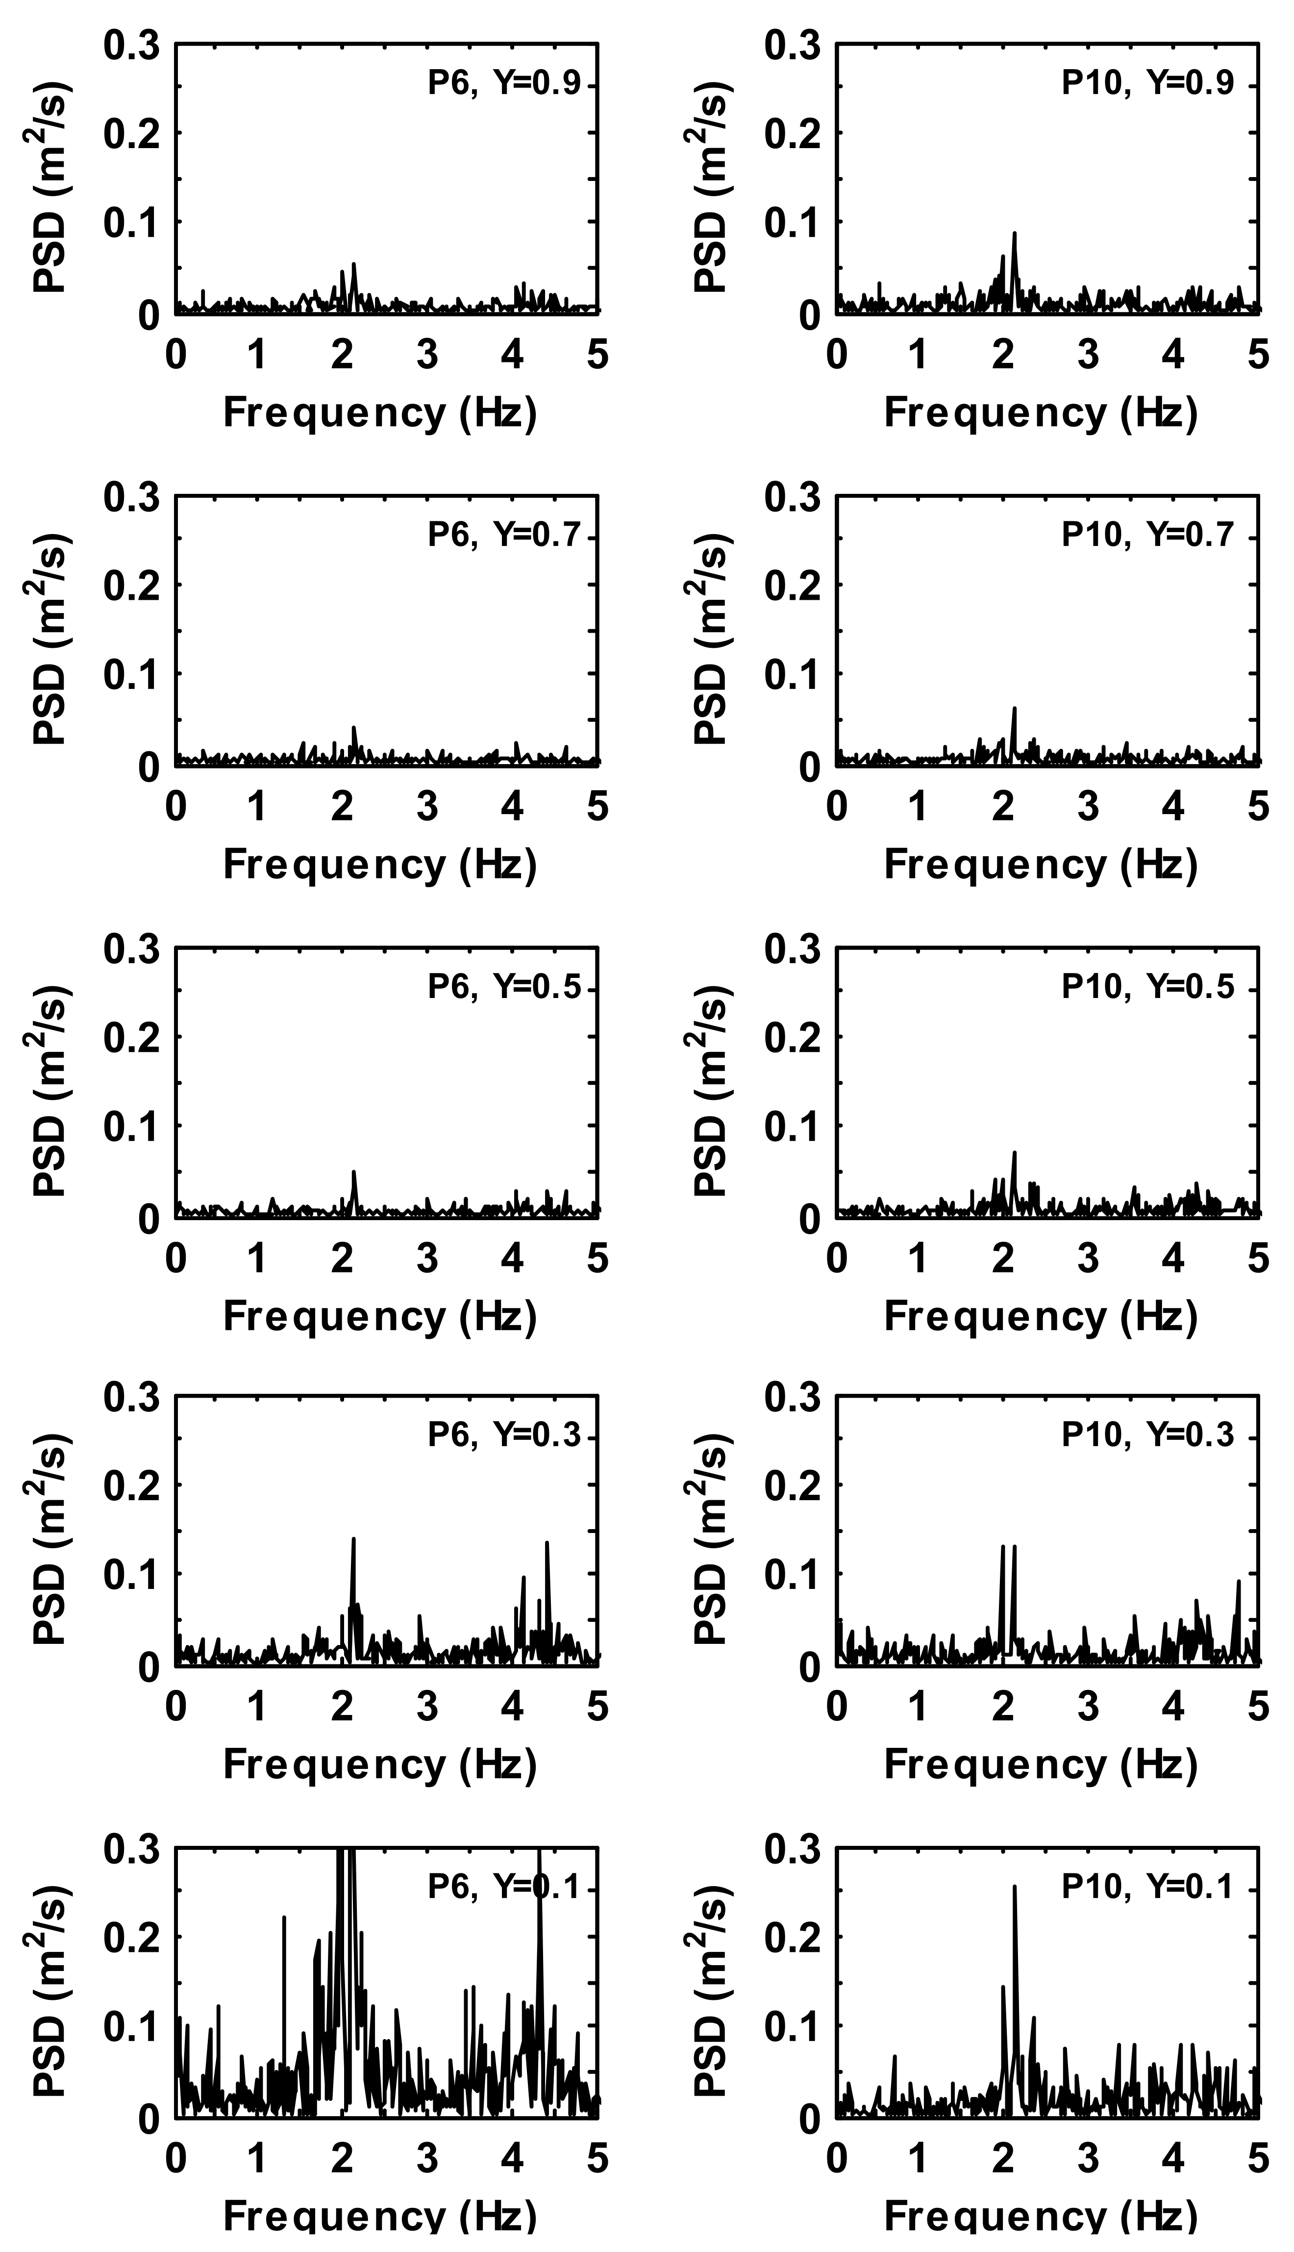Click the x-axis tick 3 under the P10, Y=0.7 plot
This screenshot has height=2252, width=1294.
click(1089, 806)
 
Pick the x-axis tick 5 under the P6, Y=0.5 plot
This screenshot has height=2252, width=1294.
click(597, 1259)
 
